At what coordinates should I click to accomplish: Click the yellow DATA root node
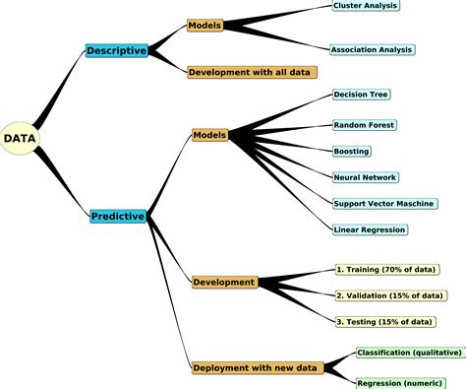tap(20, 139)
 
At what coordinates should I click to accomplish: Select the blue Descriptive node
tap(116, 50)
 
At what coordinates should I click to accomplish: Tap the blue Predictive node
tap(118, 216)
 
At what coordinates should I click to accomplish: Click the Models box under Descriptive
tap(204, 26)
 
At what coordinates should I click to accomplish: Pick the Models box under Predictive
tap(209, 134)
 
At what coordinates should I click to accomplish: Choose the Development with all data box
tap(252, 72)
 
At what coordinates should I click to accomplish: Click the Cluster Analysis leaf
tap(367, 6)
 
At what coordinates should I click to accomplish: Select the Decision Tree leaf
tap(362, 96)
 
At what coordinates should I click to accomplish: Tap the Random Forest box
tap(364, 124)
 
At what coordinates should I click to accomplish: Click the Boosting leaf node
tap(352, 151)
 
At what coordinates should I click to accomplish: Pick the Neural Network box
tap(365, 177)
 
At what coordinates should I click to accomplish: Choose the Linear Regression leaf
tap(370, 229)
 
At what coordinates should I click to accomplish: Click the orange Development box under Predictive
tap(224, 282)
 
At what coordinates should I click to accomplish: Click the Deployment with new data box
tap(255, 367)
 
